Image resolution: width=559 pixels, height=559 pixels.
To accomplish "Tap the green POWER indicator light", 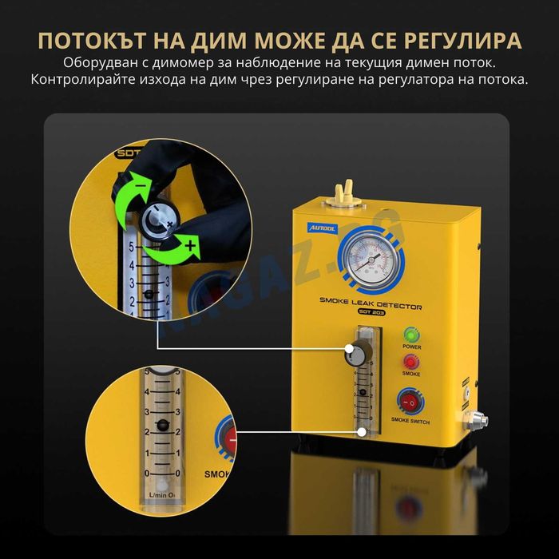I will pos(411,335).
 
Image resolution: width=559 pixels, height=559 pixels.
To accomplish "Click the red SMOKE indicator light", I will pos(411,362).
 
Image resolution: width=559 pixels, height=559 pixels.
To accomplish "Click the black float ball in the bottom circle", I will pos(163,425).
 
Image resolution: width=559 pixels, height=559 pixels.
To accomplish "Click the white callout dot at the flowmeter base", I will pos(363,431).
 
